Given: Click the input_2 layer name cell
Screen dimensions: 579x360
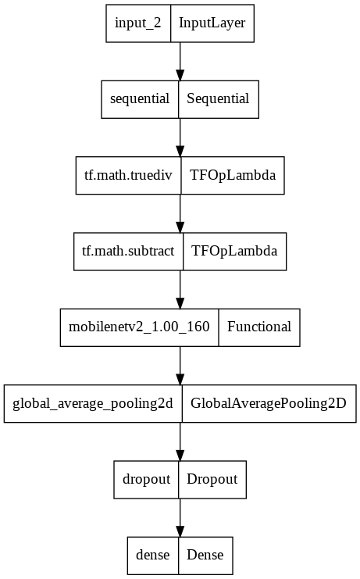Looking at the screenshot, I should pos(138,23).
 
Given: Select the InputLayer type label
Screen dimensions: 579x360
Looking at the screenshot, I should pos(212,23).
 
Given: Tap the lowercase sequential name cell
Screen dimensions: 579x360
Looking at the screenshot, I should pos(141,98).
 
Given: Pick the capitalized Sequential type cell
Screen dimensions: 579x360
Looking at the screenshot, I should pos(219,98).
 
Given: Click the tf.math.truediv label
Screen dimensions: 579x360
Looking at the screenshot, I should pos(128,175).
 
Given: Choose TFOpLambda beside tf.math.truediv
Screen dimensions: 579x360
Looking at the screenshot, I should pos(233,175).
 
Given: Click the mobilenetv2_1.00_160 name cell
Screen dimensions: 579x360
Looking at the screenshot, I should pos(139,327).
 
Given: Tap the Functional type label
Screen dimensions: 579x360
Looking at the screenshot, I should pos(259,327).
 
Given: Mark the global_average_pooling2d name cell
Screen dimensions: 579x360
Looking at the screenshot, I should pos(93,403).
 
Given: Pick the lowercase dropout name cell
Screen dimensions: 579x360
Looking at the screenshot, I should pos(146,479).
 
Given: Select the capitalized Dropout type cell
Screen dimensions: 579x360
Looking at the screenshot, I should pos(212,479).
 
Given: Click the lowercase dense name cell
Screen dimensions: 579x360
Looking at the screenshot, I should pos(153,555).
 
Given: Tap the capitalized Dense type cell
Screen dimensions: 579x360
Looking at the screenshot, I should pos(205,555).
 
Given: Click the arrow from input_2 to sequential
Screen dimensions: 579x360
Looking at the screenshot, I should pos(180,61).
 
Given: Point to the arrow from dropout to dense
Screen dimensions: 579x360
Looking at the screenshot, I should pos(180,516).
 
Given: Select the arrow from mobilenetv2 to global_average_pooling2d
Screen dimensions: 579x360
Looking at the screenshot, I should pos(180,365).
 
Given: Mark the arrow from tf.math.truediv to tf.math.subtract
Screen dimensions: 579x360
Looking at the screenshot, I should pos(180,213).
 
